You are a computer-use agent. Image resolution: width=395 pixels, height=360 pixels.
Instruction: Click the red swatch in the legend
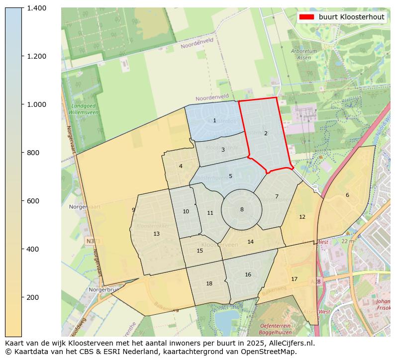click(x=307, y=17)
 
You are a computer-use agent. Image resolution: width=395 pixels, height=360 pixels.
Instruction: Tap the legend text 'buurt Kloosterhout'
click(x=351, y=17)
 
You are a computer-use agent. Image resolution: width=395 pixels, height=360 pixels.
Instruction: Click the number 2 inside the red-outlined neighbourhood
click(x=266, y=133)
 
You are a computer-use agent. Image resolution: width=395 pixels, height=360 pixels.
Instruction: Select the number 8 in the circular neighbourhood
click(x=242, y=209)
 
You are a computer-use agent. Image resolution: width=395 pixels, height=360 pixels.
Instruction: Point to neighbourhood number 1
click(x=214, y=120)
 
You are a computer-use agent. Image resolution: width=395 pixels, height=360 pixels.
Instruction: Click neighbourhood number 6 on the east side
click(x=347, y=195)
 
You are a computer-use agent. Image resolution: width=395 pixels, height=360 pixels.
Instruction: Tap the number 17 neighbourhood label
click(x=294, y=279)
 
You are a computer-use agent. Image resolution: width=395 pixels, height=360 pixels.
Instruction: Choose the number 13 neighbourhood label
click(x=156, y=234)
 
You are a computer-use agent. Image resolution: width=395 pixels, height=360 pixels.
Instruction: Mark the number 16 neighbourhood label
click(x=248, y=274)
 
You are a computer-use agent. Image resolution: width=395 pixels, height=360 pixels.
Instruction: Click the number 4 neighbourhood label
click(x=181, y=166)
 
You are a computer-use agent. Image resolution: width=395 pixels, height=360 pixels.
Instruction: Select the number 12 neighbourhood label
click(x=302, y=217)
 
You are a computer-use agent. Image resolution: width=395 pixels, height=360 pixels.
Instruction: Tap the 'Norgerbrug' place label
click(x=102, y=289)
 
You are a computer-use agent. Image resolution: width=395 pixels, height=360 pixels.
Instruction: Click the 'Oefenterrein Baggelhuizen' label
click(x=275, y=329)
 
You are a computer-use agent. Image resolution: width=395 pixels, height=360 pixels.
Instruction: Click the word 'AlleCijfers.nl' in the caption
click(x=291, y=343)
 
